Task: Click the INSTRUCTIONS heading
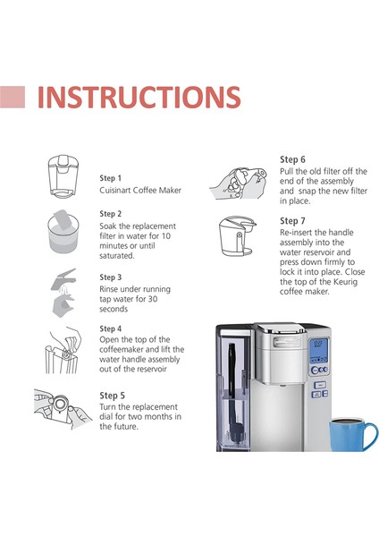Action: click(x=139, y=97)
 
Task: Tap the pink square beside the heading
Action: click(x=13, y=97)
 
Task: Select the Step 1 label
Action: click(x=111, y=178)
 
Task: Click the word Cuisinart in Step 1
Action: click(x=115, y=190)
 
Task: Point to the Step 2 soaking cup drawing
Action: click(x=63, y=232)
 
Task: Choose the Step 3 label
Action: click(x=111, y=277)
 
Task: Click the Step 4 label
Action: click(x=111, y=328)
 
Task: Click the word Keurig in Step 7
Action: click(x=344, y=282)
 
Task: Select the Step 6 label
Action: click(x=292, y=159)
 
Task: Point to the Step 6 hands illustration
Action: click(x=239, y=183)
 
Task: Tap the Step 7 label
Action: click(x=292, y=221)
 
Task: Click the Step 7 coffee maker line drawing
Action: click(x=238, y=236)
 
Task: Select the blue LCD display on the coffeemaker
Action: click(x=318, y=351)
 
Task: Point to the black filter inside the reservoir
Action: click(x=233, y=393)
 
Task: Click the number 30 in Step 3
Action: click(x=153, y=299)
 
